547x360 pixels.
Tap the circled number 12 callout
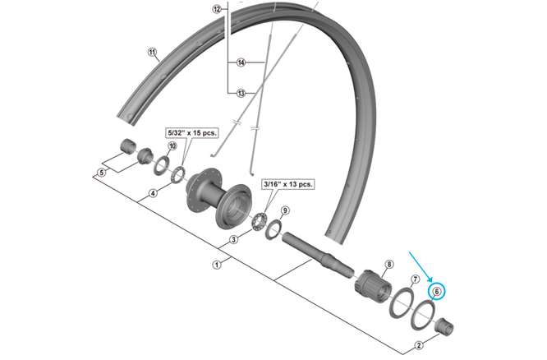click(217, 10)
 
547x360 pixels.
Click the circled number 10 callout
click(172, 147)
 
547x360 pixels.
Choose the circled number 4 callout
click(153, 195)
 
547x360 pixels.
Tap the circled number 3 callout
click(233, 239)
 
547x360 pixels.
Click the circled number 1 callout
click(217, 265)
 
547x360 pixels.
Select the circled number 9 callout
click(286, 211)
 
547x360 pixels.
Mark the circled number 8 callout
click(389, 264)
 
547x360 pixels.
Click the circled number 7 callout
click(415, 280)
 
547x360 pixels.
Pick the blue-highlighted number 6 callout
click(437, 290)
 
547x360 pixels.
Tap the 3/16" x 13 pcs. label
click(287, 185)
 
